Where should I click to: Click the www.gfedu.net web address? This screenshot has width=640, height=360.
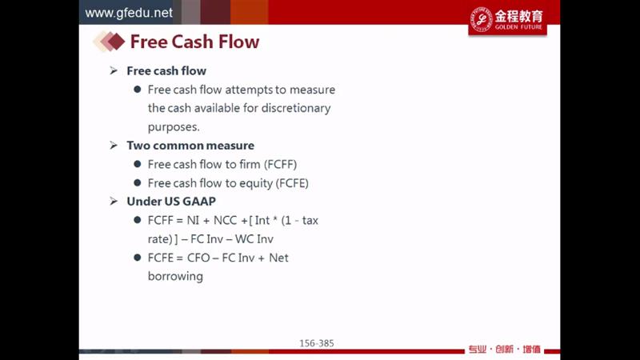129,13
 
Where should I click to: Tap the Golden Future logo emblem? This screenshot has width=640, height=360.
482,19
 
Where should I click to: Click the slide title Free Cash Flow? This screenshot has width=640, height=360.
194,42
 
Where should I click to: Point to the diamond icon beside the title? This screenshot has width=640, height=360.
109,42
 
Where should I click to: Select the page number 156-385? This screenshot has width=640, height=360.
317,343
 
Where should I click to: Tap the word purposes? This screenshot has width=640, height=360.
174,127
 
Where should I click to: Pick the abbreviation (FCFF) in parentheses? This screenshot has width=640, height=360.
281,165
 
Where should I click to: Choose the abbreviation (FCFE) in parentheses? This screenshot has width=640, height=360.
292,183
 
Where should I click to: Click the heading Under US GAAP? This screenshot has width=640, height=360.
171,202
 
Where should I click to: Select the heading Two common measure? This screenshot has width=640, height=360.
190,146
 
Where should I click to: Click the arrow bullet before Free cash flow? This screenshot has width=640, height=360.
114,71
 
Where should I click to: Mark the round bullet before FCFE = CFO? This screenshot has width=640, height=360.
138,258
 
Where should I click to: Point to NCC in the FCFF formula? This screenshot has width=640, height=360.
225,221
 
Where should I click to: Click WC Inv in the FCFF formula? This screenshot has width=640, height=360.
254,238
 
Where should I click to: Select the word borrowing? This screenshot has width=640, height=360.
175,277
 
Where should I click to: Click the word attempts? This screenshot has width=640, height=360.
249,90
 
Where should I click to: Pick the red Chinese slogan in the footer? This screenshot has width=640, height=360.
505,350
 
